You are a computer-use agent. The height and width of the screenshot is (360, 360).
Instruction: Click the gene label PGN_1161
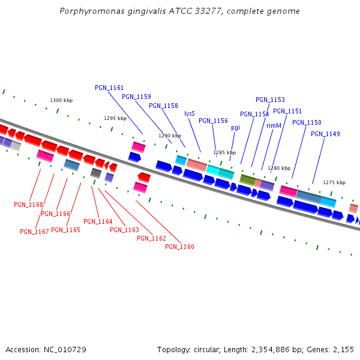click(109, 88)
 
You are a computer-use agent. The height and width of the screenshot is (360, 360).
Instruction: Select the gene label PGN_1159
click(136, 97)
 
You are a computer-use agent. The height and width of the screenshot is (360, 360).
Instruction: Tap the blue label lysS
click(190, 113)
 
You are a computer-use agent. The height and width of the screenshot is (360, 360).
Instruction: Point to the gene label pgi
click(235, 127)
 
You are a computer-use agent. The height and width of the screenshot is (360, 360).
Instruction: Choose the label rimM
click(274, 125)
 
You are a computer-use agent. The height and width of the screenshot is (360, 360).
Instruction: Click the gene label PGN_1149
click(325, 134)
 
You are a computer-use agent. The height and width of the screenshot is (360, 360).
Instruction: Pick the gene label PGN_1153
click(270, 100)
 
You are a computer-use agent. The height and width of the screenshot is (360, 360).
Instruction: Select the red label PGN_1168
click(28, 205)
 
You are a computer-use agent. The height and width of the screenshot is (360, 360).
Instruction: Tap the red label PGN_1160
click(179, 247)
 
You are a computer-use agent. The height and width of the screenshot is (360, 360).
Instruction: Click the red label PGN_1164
click(98, 221)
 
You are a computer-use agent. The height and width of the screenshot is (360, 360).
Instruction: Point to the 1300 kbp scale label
click(61, 100)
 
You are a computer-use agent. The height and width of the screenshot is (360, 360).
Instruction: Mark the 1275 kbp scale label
click(334, 182)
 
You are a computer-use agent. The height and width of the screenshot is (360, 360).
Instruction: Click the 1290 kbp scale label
click(170, 136)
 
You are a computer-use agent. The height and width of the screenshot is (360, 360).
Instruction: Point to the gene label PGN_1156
click(213, 121)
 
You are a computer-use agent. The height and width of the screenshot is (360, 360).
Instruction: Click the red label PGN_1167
click(34, 232)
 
